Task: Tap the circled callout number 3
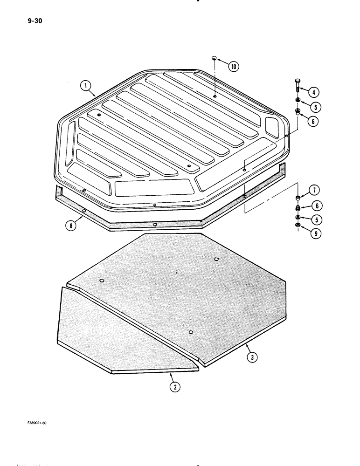(x=252, y=357)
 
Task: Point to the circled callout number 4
(x=314, y=91)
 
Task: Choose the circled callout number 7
(x=314, y=190)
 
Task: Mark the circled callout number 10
(x=233, y=67)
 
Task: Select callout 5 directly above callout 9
(x=314, y=220)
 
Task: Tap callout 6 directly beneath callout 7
(x=314, y=205)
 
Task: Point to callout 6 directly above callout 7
(x=314, y=121)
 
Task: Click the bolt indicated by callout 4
(x=298, y=87)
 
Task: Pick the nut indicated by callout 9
(x=298, y=226)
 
